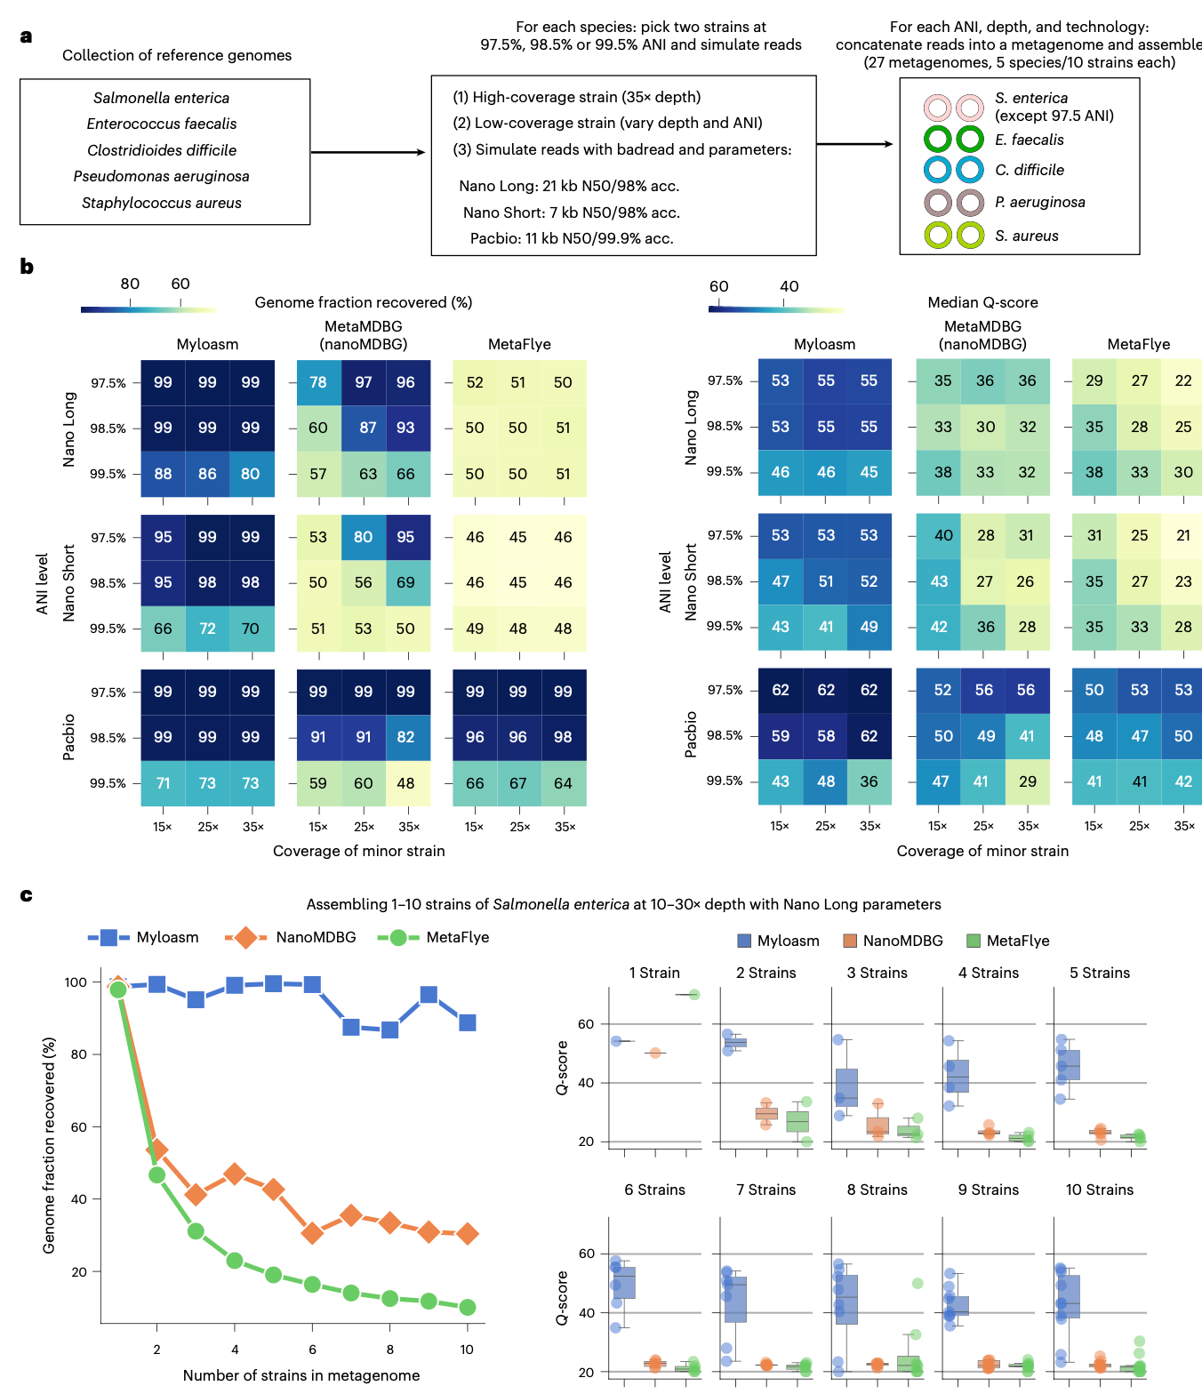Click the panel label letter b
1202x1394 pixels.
tap(27, 267)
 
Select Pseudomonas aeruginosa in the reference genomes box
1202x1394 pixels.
tap(161, 176)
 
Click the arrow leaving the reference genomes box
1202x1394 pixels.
tap(368, 152)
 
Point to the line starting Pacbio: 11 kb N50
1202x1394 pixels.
tap(572, 238)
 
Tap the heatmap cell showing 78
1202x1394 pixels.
tap(318, 382)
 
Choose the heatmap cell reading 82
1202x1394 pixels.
tap(405, 737)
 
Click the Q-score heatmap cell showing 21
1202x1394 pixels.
tap(1183, 535)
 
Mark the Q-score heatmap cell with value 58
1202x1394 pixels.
tap(826, 735)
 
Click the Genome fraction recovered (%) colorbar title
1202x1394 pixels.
tap(363, 302)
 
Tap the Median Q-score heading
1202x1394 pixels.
tap(982, 302)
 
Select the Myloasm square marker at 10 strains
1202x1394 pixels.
tap(468, 1022)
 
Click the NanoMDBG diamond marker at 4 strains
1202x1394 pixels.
tap(235, 1174)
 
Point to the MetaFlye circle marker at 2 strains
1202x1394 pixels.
tap(157, 1174)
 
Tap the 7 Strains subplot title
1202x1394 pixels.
tap(765, 1190)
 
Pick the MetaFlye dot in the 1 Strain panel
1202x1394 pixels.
tap(694, 994)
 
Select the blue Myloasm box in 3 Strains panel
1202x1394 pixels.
tap(846, 1087)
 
